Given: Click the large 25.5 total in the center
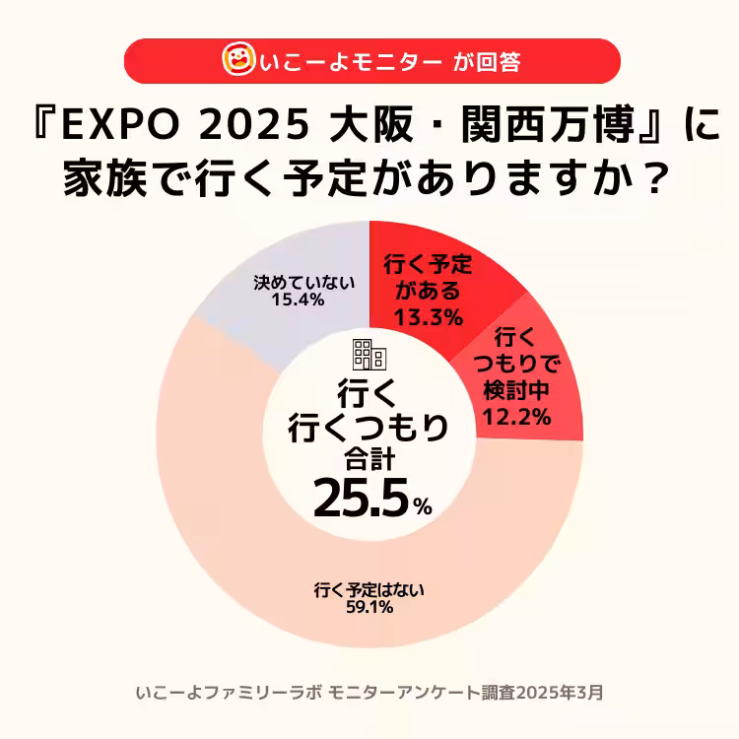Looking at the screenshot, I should pyautogui.click(x=360, y=500).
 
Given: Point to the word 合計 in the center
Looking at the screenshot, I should pyautogui.click(x=369, y=458).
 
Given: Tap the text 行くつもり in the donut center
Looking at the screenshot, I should pyautogui.click(x=369, y=427).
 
